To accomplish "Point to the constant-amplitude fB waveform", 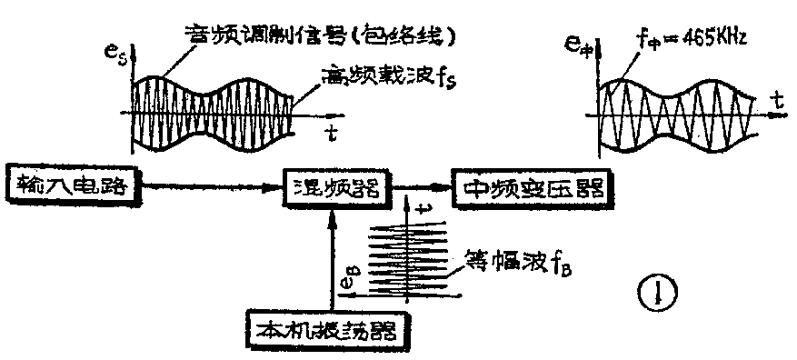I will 409,259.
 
